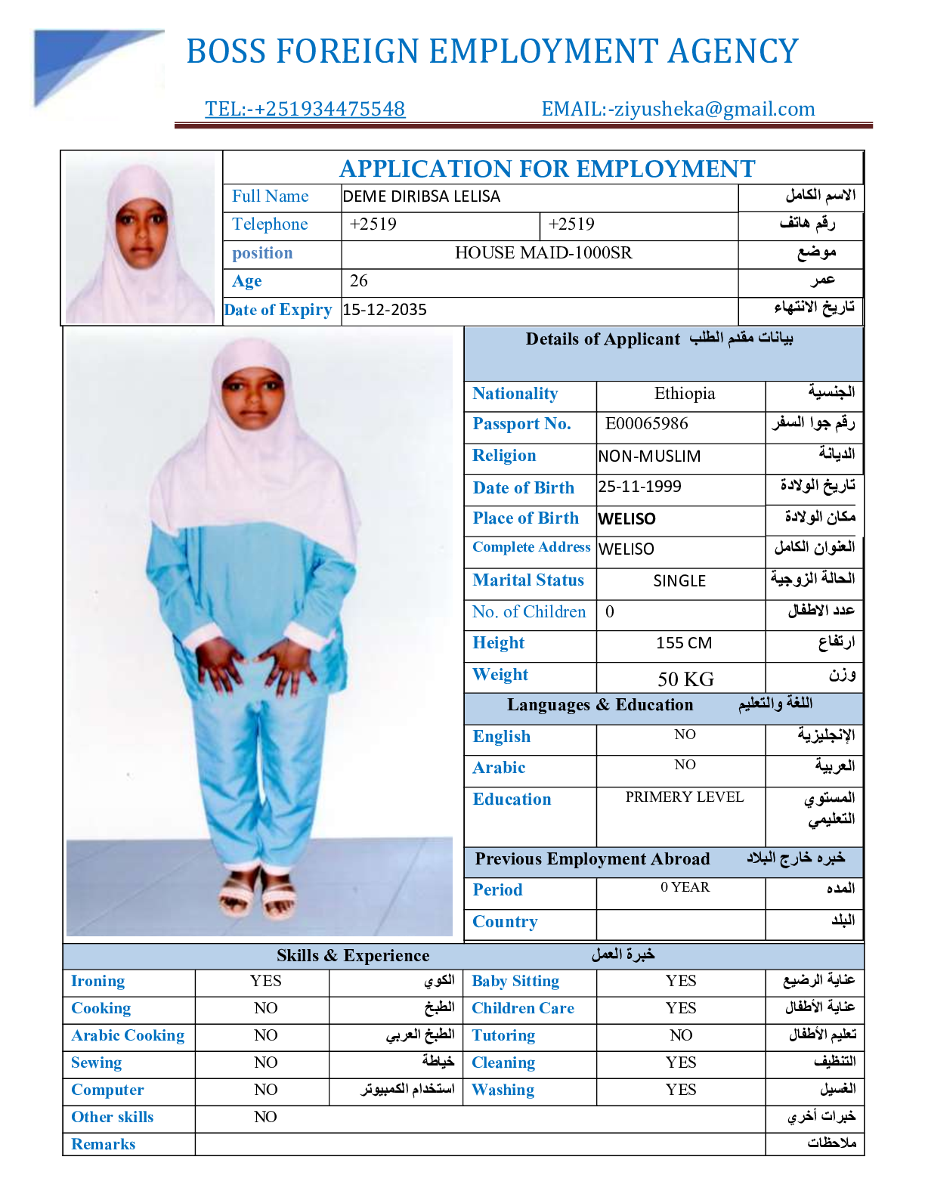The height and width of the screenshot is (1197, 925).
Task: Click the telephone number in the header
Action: tap(305, 109)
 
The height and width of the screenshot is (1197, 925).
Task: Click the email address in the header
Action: tap(678, 109)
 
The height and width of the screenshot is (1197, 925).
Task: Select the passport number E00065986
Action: tap(646, 423)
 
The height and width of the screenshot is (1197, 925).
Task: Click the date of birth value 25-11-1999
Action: tap(639, 487)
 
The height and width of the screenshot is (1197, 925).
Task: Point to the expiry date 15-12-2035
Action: tap(385, 310)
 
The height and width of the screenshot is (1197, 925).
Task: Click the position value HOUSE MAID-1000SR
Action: tap(543, 253)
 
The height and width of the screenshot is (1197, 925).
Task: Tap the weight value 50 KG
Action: tap(685, 679)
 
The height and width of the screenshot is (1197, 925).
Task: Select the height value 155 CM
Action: tap(684, 643)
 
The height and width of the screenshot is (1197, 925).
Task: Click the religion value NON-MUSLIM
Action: tap(649, 456)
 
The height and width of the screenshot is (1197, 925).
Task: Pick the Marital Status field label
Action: tap(528, 580)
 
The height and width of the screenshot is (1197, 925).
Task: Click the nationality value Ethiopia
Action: tap(685, 394)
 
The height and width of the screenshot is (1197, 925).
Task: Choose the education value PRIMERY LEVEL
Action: tap(685, 797)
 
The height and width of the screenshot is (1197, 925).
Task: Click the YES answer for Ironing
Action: tap(265, 981)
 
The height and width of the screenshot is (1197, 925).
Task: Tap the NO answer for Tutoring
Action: tap(681, 1035)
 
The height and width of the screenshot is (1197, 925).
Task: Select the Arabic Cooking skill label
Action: tap(128, 1035)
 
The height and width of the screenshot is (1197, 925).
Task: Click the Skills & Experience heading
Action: tap(353, 955)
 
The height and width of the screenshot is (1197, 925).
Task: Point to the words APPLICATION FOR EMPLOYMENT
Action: tap(547, 169)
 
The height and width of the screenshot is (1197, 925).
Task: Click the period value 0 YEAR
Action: tap(685, 887)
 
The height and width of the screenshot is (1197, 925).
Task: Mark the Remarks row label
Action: tap(104, 1144)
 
